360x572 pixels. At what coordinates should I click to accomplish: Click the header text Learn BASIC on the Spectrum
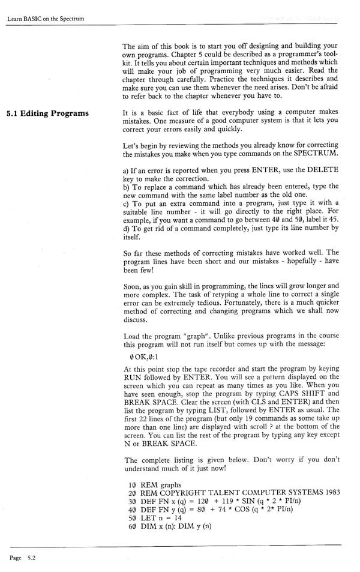[46, 19]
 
